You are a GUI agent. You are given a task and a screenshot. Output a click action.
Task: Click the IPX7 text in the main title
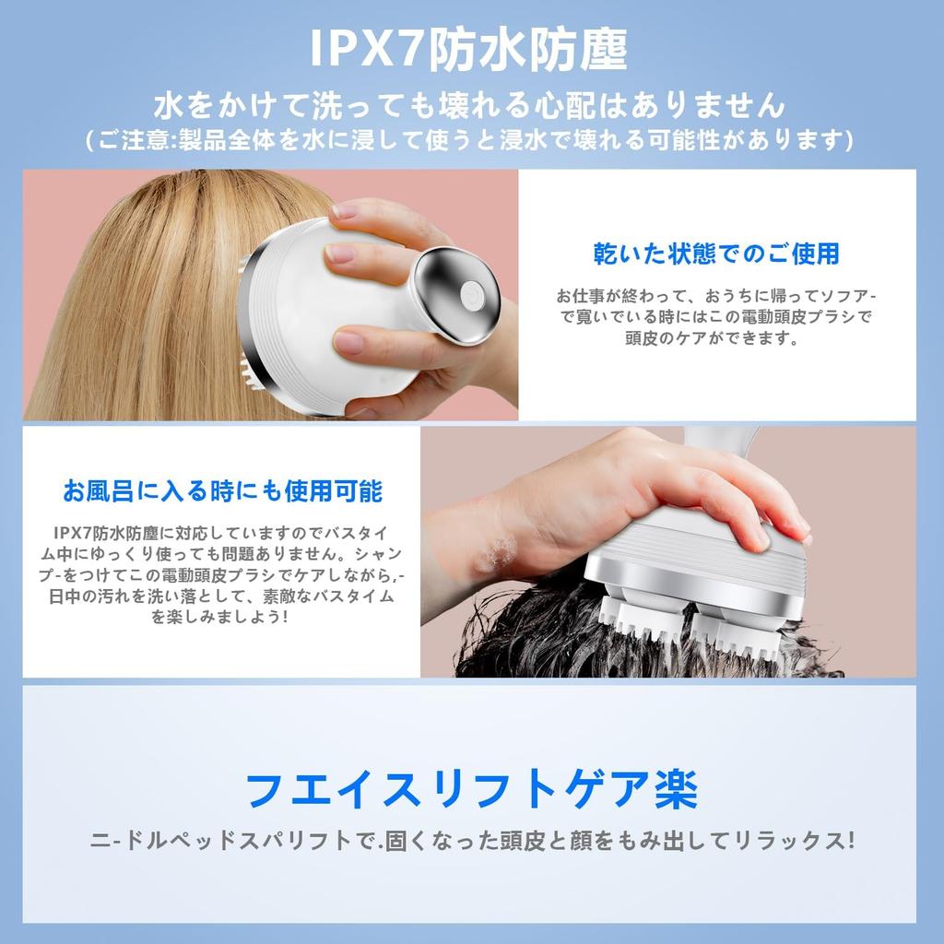coord(365,49)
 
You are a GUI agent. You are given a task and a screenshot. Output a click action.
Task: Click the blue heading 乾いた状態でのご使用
coord(716,254)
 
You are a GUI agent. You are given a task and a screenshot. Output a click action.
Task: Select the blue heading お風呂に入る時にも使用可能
coord(222,491)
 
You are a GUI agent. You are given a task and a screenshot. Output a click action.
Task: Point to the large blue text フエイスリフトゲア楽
coord(471,789)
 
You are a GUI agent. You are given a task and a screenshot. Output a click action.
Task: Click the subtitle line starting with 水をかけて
coord(470,105)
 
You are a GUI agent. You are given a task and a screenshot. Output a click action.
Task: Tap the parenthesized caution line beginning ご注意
coord(470,140)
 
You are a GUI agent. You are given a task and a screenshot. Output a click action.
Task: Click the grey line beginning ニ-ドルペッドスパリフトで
coord(473,841)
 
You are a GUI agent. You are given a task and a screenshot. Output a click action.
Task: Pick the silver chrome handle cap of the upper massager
coord(457,295)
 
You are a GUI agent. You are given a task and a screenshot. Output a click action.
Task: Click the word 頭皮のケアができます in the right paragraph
coord(713,337)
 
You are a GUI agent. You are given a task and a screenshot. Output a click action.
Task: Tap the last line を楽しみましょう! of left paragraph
coord(220,617)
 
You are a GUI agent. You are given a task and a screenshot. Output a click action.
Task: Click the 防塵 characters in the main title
coord(577,49)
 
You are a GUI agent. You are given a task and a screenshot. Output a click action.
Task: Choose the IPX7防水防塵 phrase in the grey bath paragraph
coord(107,533)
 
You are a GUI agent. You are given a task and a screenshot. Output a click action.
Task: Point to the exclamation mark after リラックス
coord(850,841)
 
